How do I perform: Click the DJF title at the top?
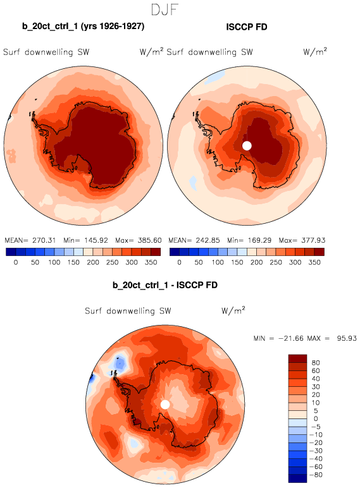(164, 9)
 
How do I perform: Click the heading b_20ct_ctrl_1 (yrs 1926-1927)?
(83, 26)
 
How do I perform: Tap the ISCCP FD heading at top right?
(247, 27)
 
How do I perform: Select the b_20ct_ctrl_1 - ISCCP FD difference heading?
(165, 285)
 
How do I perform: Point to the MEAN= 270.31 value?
(30, 240)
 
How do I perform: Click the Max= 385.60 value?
(139, 240)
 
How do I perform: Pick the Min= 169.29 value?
(249, 240)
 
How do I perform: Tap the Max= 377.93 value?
(302, 240)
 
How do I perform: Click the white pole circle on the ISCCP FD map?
(247, 145)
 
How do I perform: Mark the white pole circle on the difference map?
(165, 405)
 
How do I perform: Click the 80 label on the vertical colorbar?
(316, 363)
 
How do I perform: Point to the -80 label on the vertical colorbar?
(316, 475)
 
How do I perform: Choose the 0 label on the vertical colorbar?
(316, 418)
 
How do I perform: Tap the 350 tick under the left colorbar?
(151, 262)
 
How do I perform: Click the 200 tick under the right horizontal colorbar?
(257, 262)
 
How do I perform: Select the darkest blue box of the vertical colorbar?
(298, 479)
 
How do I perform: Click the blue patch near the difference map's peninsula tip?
(120, 363)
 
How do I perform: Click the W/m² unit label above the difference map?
(233, 310)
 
